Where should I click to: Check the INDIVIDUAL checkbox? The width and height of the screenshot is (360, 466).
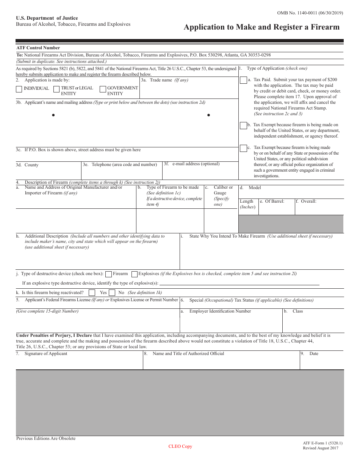pos(19,89)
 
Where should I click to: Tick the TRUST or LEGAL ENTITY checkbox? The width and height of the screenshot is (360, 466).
pos(56,89)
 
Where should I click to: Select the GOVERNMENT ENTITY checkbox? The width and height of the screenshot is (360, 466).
pos(103,89)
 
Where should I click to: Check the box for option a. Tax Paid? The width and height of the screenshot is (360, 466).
pos(243,81)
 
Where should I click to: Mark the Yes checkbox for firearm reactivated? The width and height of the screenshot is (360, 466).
pos(92,292)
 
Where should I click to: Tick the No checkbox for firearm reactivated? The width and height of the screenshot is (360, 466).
pos(112,292)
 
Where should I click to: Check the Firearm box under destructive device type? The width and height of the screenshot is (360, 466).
pos(108,274)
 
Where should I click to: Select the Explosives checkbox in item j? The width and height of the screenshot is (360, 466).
pos(134,274)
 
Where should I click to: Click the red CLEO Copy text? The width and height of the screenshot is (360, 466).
pos(180,446)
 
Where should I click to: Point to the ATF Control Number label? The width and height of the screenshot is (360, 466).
pos(38,48)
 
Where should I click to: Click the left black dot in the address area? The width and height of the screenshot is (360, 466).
pos(53,115)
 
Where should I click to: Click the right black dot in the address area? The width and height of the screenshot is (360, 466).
pos(208,115)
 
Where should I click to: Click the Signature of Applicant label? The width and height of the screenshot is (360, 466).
pos(45,354)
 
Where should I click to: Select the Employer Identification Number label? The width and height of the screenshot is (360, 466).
pos(220,311)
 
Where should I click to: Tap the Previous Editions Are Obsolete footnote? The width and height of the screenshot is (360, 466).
pos(46,438)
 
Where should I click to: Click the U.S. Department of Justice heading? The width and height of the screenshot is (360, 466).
pos(47,18)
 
